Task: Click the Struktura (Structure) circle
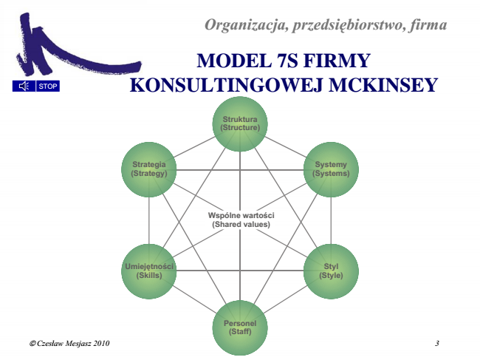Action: coord(240,123)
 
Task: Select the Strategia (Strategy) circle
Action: coord(149,169)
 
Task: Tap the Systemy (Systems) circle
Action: coord(331,169)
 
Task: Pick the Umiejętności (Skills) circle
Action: coord(149,271)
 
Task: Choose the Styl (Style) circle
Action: coord(331,271)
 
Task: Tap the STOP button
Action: coord(47,86)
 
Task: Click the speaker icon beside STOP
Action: coord(24,86)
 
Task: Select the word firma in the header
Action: coord(427,26)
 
